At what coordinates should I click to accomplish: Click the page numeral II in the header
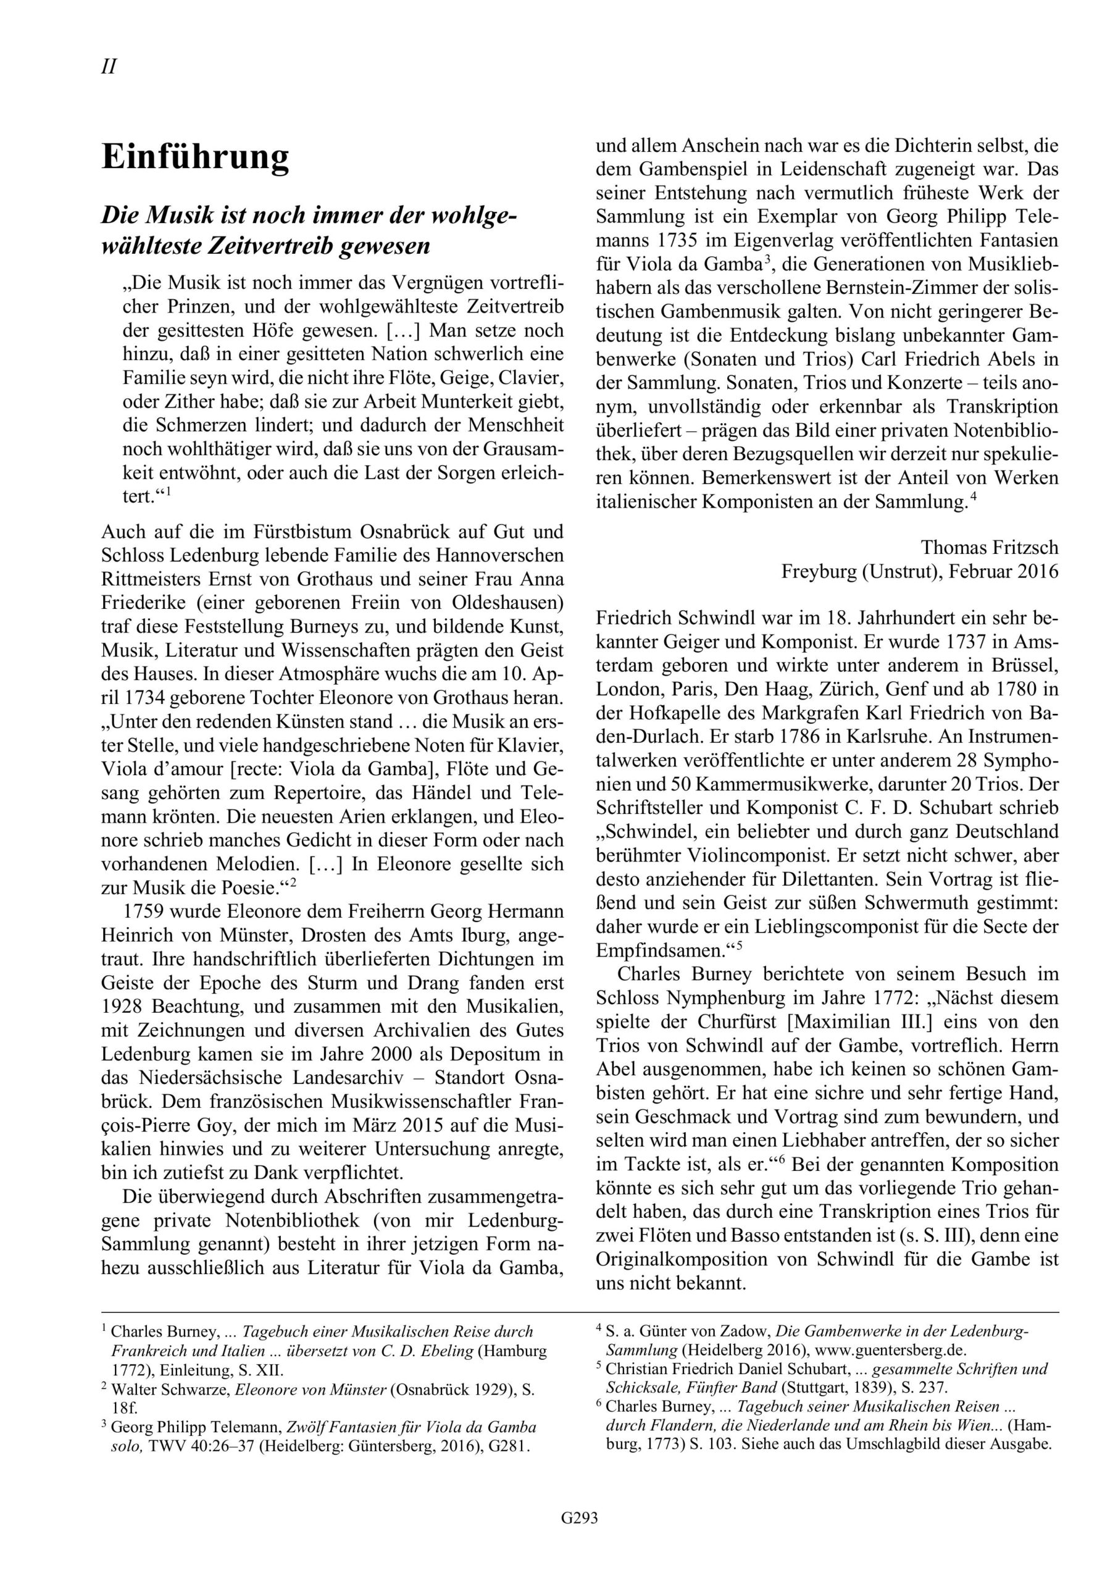tap(109, 67)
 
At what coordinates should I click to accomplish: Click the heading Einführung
tap(195, 156)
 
